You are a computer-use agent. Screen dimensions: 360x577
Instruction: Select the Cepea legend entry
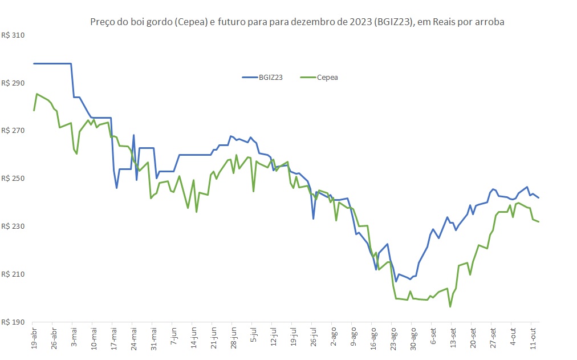(327, 77)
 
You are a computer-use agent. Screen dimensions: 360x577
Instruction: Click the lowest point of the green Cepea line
(450, 307)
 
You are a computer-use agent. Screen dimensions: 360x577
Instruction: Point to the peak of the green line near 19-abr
(37, 94)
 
